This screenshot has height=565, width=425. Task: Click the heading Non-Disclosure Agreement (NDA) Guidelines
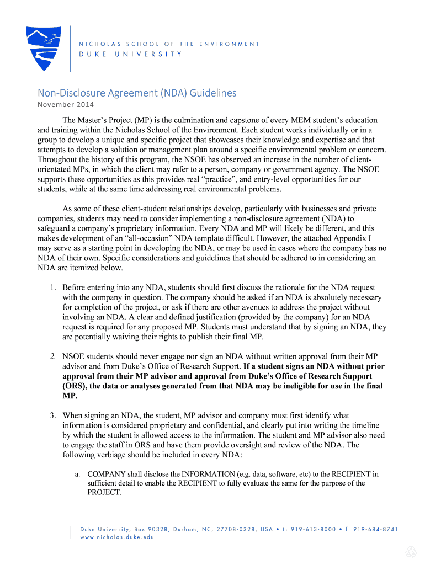136,93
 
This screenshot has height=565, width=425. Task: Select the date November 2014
66,105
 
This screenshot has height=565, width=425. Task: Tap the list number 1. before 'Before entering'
53,287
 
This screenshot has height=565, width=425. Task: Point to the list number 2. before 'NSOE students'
53,356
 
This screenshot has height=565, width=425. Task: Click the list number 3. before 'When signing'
53,415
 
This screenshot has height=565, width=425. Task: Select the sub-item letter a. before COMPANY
78,473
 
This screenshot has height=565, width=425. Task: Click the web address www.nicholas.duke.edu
117,537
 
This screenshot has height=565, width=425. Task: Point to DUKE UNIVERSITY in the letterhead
131,54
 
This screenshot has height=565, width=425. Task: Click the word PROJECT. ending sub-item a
104,492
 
